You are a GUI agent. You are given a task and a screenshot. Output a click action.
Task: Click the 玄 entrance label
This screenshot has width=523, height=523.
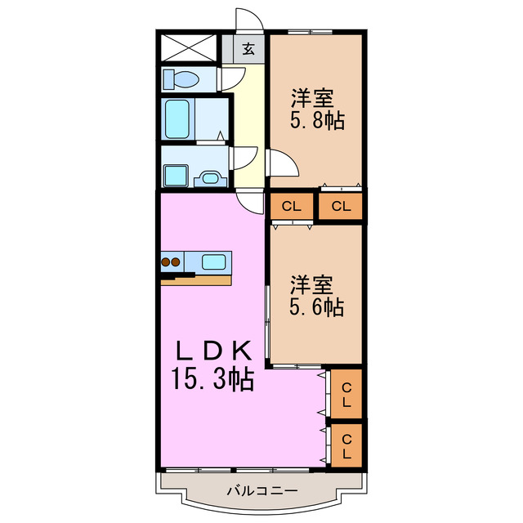248,48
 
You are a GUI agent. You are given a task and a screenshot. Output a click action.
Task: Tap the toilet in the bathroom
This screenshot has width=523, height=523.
182,79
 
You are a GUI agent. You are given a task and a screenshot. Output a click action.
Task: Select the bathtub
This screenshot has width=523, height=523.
178,119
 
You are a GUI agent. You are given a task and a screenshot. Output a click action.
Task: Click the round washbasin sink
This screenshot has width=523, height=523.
210,177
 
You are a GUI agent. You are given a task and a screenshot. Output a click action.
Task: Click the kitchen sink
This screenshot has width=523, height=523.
215,262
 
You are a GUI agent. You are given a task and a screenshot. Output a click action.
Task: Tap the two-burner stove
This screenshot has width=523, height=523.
171,262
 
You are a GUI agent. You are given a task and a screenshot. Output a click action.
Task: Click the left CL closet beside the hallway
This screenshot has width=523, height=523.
291,206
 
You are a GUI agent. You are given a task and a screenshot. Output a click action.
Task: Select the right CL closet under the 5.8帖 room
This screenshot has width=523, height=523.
341,206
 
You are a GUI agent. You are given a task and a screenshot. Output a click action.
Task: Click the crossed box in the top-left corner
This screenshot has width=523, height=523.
188,47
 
